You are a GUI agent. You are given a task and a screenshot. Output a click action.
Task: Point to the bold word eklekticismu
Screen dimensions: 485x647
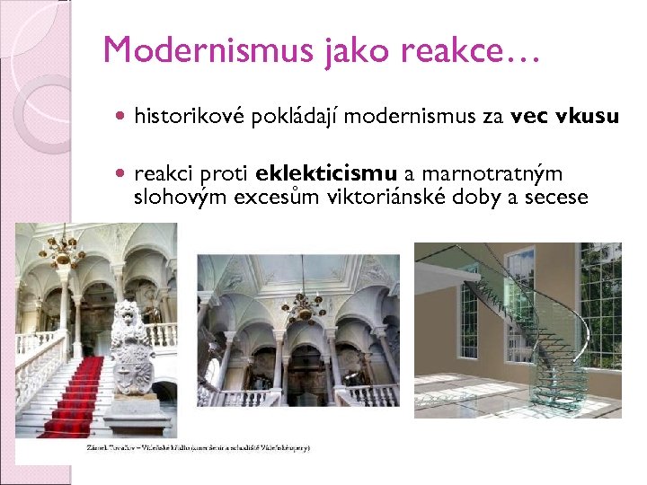click(326, 172)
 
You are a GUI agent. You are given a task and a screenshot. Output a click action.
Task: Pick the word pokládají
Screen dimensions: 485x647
click(297, 117)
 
